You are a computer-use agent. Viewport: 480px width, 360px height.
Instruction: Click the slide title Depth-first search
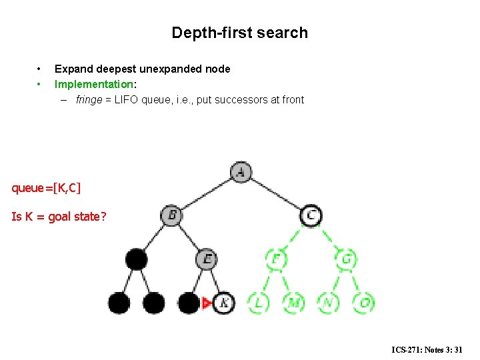(239, 33)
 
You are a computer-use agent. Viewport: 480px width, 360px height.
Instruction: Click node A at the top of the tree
(241, 172)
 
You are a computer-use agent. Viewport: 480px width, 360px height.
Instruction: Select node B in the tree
(171, 215)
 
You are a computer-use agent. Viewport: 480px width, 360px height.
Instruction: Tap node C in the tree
(311, 215)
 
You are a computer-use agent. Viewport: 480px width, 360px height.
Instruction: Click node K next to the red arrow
(224, 303)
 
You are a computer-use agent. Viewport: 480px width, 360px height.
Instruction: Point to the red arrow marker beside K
(207, 303)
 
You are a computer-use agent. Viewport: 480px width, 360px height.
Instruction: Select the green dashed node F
(275, 259)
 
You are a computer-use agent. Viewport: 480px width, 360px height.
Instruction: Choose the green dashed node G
(346, 259)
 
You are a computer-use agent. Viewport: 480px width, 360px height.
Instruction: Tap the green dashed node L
(258, 303)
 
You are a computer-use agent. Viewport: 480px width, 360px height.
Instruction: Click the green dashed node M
(293, 303)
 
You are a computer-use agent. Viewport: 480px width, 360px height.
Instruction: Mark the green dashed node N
(328, 303)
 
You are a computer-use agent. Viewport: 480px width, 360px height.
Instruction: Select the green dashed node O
(363, 303)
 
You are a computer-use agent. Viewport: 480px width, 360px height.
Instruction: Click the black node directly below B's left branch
(137, 259)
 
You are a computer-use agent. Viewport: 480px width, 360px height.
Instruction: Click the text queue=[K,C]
(46, 188)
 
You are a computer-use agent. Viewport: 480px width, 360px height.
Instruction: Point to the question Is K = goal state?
(59, 217)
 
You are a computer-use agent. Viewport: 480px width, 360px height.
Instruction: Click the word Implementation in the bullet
(94, 84)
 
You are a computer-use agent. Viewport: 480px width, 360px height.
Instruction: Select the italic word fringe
(89, 100)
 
